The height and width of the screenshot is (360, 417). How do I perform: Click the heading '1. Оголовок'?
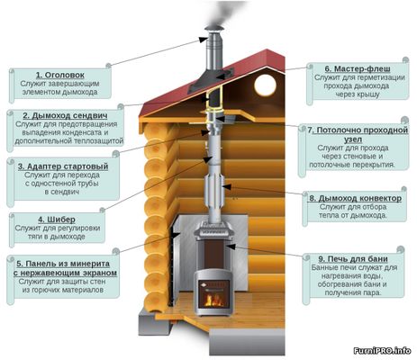click(x=60, y=75)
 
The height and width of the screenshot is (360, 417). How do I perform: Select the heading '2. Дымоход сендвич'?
click(x=65, y=115)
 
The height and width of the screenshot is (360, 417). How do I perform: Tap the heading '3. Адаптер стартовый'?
click(x=63, y=166)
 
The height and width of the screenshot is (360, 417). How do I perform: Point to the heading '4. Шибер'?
click(x=57, y=220)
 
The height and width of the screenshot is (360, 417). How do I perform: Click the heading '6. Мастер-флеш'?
click(x=358, y=69)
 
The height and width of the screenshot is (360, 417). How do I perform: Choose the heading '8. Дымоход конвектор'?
click(x=356, y=198)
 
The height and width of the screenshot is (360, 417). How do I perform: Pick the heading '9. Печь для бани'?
click(x=353, y=259)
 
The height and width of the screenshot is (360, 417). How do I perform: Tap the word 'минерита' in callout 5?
click(x=90, y=264)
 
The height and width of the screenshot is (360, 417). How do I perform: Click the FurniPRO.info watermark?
click(x=382, y=350)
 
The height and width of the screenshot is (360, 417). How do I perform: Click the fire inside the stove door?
click(x=213, y=300)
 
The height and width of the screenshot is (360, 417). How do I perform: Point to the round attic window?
click(x=265, y=85)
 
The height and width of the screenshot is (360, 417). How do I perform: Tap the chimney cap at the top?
click(x=214, y=30)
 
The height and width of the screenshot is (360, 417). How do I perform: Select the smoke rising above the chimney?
click(x=223, y=13)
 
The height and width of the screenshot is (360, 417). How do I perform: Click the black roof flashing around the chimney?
click(x=211, y=79)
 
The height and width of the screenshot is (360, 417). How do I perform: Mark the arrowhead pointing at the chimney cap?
click(x=204, y=40)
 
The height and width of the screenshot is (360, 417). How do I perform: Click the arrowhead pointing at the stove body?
click(x=231, y=247)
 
